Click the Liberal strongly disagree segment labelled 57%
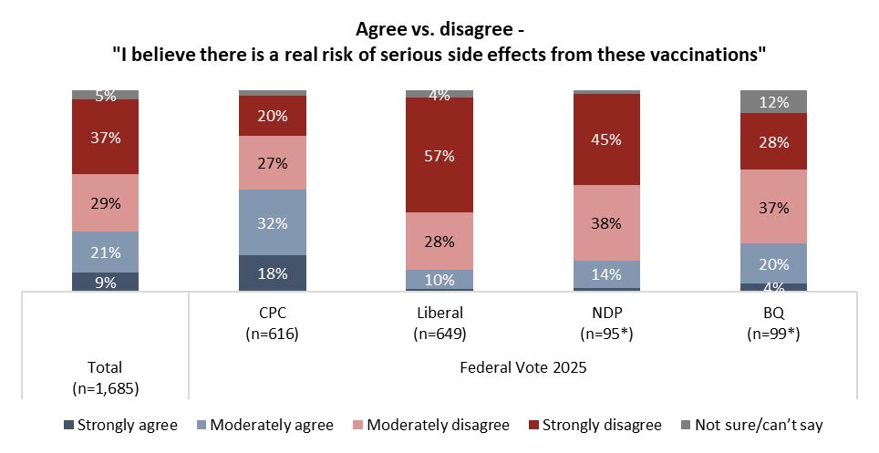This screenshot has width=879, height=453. (x=439, y=154)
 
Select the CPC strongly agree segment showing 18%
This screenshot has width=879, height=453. (x=272, y=273)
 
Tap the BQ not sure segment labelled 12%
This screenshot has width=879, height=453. (x=773, y=102)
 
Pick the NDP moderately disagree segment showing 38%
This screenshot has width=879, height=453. (x=606, y=222)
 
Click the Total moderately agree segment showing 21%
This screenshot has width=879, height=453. (x=105, y=252)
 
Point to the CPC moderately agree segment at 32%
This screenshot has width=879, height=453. (x=272, y=222)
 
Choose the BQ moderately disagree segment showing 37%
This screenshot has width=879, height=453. (x=773, y=207)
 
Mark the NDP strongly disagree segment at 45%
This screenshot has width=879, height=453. (x=606, y=139)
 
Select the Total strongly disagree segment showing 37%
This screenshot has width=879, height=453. (x=105, y=137)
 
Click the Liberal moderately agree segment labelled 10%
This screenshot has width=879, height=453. (x=439, y=278)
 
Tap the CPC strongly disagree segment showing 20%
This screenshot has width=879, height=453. (x=272, y=116)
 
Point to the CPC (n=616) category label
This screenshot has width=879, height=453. (x=272, y=324)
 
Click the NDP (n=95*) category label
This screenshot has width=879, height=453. (x=606, y=324)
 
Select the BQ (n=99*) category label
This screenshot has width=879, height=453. (x=773, y=324)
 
